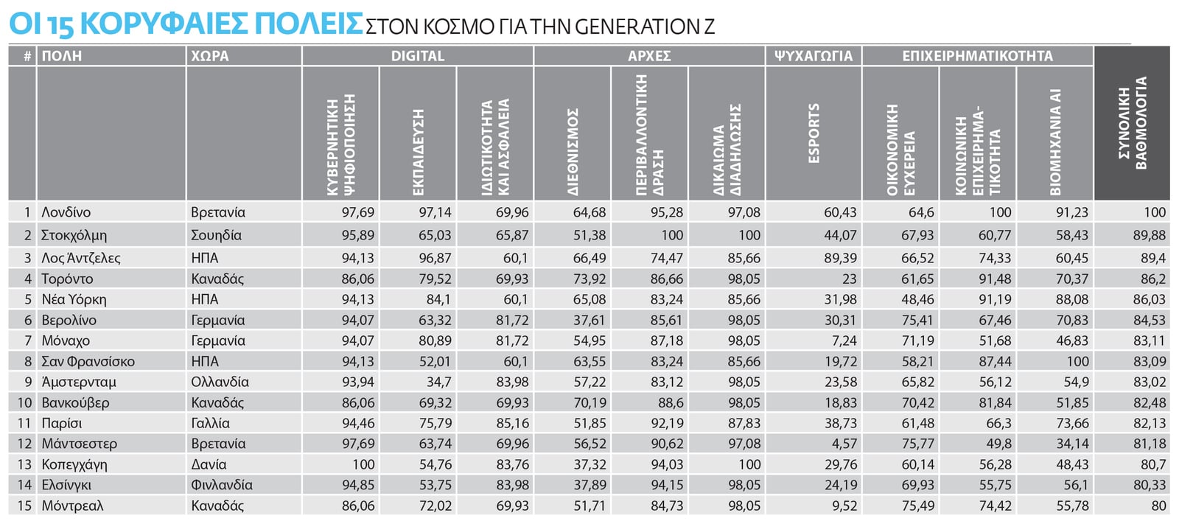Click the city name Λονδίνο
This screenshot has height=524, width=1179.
pyautogui.click(x=66, y=212)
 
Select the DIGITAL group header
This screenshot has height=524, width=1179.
pyautogui.click(x=417, y=56)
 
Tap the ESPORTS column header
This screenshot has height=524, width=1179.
pyautogui.click(x=814, y=133)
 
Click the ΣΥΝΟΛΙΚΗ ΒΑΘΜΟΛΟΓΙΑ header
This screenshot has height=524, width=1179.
pyautogui.click(x=1132, y=123)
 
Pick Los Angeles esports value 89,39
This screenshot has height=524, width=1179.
pyautogui.click(x=839, y=258)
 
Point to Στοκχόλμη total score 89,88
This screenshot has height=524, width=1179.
pyautogui.click(x=1150, y=235)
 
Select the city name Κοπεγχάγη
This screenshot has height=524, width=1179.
pyautogui.click(x=74, y=464)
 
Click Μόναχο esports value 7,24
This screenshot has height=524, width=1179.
pyautogui.click(x=844, y=340)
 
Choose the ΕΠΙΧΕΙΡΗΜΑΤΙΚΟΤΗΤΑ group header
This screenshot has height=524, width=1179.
pyautogui.click(x=977, y=56)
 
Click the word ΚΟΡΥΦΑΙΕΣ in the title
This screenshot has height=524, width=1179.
pyautogui.click(x=163, y=24)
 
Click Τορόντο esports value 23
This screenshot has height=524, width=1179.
pyautogui.click(x=849, y=279)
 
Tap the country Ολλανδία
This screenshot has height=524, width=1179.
pyautogui.click(x=220, y=382)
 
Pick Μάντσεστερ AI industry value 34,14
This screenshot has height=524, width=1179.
pyautogui.click(x=1071, y=444)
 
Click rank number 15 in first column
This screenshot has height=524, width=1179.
pyautogui.click(x=24, y=506)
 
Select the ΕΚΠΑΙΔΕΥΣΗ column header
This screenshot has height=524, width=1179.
pyautogui.click(x=418, y=152)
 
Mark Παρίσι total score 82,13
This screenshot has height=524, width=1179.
pyautogui.click(x=1150, y=423)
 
